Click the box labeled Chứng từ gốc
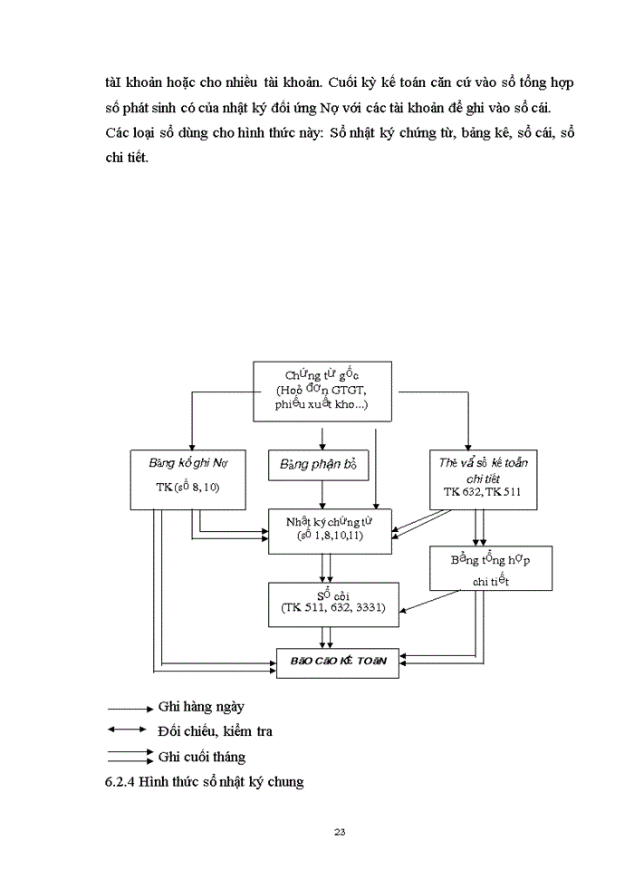322,390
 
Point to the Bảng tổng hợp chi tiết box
490,568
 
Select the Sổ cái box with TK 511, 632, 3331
332,603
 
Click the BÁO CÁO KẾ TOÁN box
337,661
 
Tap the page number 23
340,831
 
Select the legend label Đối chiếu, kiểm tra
215,730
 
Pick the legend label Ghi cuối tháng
201,756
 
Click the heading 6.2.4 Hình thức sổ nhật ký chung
204,781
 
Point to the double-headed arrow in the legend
127,730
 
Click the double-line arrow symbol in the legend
129,755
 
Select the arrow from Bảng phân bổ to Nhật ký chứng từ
322,495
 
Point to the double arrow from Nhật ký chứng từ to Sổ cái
325,567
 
